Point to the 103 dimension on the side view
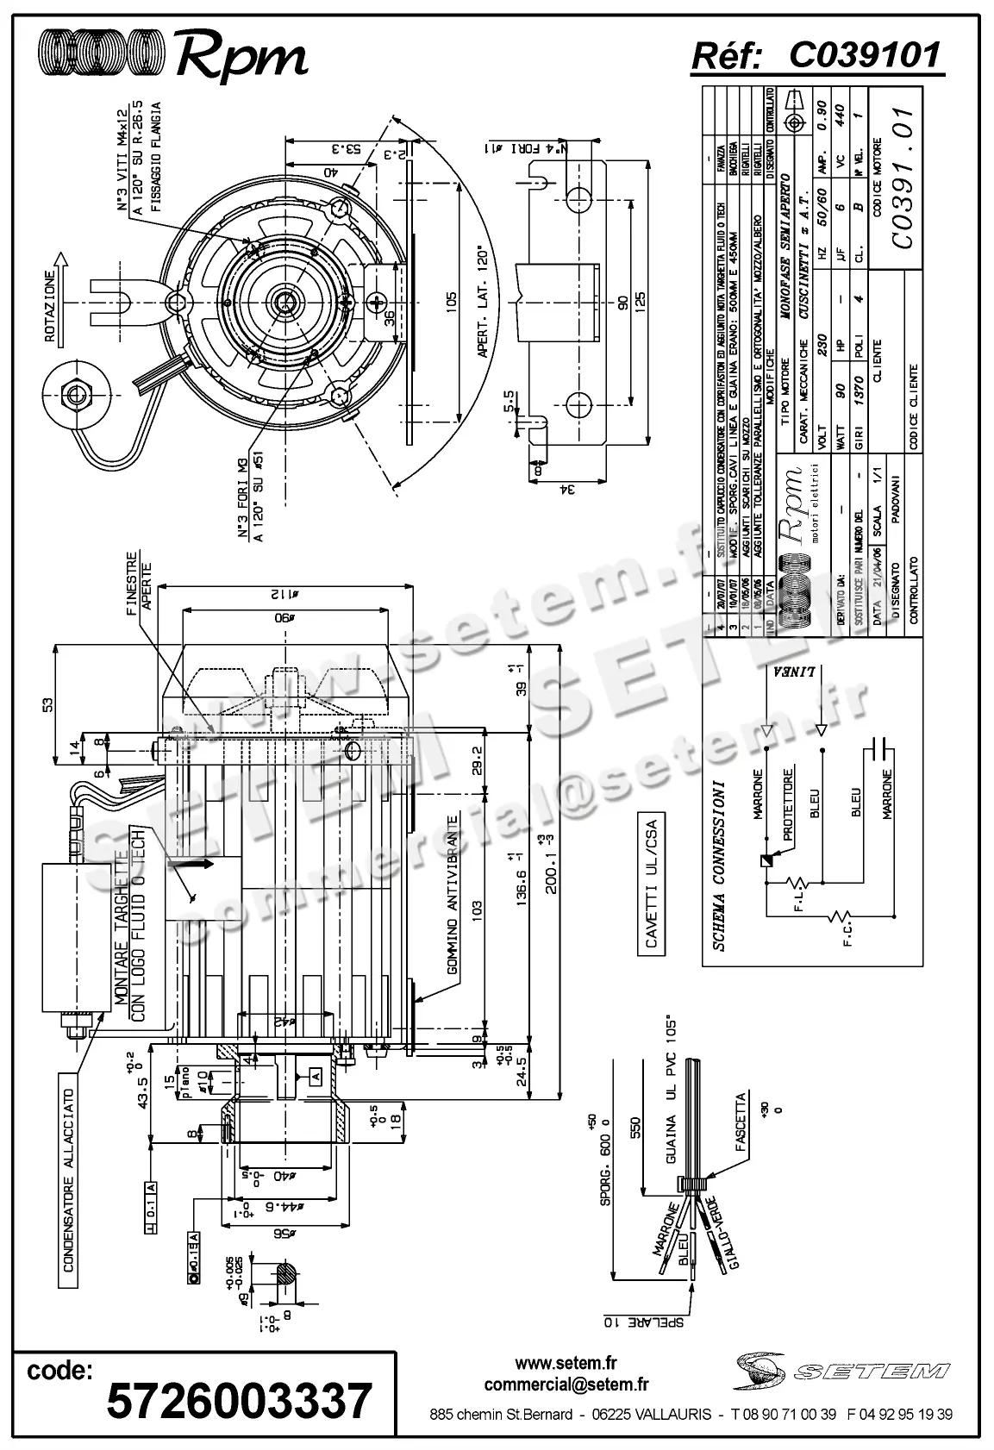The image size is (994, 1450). pos(478,906)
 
